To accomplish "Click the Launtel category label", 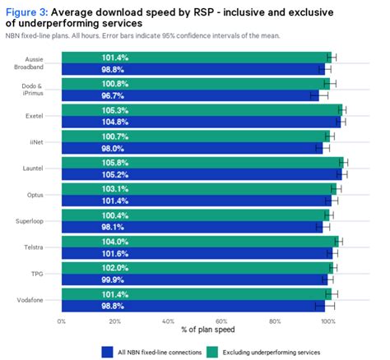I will point(39,168).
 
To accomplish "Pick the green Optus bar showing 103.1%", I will point(197,188).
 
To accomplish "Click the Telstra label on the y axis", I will point(40,247).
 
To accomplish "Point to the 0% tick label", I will point(62,321).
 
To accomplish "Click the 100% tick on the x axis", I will point(327,321).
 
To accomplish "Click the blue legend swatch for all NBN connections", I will point(107,351).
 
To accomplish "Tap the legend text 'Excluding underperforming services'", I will point(271,351).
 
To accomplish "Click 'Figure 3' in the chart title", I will point(28,10).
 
